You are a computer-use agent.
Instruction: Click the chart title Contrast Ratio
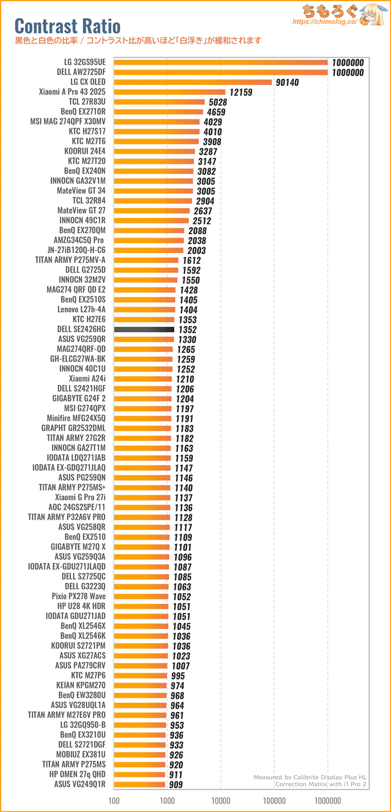coord(67,25)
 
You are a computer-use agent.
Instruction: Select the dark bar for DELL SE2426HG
coord(144,329)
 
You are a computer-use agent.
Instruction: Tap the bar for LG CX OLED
coord(193,82)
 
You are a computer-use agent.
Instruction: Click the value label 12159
coord(241,92)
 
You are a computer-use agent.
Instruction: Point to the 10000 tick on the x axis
coord(221,800)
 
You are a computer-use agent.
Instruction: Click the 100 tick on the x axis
coord(114,800)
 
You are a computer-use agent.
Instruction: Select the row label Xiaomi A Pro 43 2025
coord(72,92)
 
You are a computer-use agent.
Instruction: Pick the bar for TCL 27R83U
coord(159,102)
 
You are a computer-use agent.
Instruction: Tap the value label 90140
coord(287,83)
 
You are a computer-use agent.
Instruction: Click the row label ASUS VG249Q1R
coord(80,784)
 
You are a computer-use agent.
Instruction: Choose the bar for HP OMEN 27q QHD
coord(140,774)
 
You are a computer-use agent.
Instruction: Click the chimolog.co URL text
coord(325,22)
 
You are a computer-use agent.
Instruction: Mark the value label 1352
coord(188,330)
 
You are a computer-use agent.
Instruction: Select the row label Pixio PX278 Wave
coord(79,596)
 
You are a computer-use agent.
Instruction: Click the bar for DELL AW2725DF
coord(221,72)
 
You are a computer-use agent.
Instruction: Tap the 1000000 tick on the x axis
coord(328,800)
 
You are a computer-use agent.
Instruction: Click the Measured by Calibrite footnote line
coord(310,777)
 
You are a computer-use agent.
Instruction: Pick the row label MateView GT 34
coord(81,191)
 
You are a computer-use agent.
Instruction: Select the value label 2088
coord(197,231)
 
